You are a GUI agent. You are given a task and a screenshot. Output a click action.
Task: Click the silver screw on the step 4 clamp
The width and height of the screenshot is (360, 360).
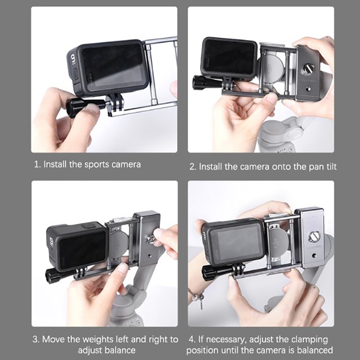[x=314, y=237]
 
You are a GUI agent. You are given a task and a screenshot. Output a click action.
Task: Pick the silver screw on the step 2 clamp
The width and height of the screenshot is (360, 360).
[x=308, y=69]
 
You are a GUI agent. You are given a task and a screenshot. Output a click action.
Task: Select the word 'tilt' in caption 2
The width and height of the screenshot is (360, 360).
[x=331, y=166]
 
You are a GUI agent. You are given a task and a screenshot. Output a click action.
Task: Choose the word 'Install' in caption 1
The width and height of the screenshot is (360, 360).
[x=54, y=164]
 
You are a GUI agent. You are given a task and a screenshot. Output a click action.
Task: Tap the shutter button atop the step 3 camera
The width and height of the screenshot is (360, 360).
[x=87, y=226]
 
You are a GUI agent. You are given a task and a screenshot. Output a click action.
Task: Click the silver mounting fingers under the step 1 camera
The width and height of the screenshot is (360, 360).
[x=115, y=102]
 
